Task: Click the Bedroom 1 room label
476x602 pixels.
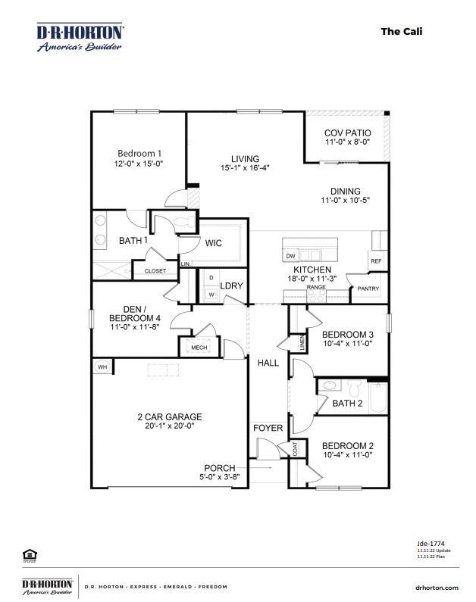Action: (x=139, y=152)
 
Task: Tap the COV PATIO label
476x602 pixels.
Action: (x=347, y=133)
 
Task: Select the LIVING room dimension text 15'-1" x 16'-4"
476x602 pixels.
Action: (x=246, y=168)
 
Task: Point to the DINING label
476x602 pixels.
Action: (x=345, y=191)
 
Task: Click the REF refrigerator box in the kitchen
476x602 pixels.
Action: (x=376, y=261)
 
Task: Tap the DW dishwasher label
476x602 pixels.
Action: (x=290, y=256)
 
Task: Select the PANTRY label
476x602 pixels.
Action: (x=368, y=289)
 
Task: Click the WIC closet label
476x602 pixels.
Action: (x=213, y=243)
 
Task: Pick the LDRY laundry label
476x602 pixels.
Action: (x=231, y=285)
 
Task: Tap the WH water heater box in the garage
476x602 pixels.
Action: (x=102, y=367)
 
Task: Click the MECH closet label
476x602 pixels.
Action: (x=199, y=348)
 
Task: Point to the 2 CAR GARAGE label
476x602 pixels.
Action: (x=169, y=416)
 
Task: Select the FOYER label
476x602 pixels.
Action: (x=268, y=428)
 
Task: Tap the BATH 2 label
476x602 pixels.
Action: (x=348, y=404)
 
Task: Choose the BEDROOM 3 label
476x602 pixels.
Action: (x=348, y=335)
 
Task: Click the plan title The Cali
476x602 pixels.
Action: (x=401, y=31)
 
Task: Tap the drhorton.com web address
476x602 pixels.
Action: (x=437, y=588)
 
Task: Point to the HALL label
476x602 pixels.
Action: (x=268, y=363)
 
